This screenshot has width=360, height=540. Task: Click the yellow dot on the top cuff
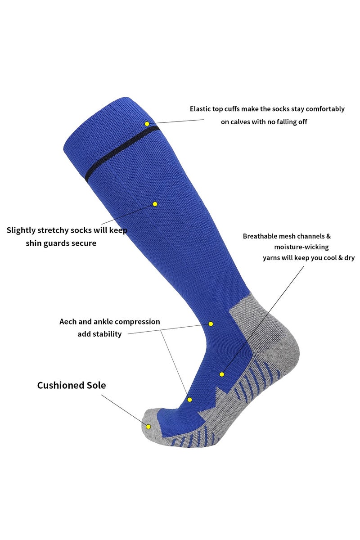click(x=147, y=124)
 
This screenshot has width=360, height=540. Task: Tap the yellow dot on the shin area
click(x=155, y=204)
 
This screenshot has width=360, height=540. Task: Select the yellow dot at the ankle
click(x=211, y=324)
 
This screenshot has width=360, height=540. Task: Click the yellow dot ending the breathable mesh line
click(x=222, y=374)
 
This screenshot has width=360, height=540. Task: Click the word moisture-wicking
click(x=301, y=247)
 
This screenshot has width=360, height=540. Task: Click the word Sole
click(x=96, y=385)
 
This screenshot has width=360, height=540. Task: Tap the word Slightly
click(x=21, y=231)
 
